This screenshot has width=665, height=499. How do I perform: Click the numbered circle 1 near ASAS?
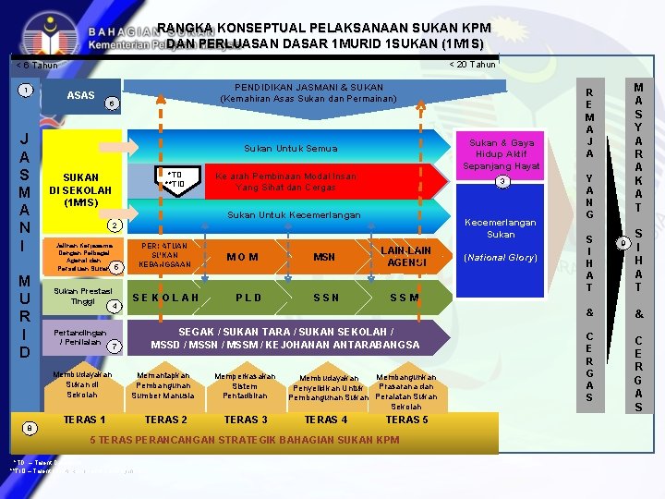tap(28, 90)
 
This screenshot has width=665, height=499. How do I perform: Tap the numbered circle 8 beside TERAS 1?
tap(30, 427)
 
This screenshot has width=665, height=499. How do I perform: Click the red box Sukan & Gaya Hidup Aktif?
tap(502, 154)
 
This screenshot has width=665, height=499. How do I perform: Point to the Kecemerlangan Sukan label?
tap(501, 228)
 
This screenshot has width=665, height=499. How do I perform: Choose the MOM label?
tap(242, 257)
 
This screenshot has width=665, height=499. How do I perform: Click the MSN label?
tap(324, 257)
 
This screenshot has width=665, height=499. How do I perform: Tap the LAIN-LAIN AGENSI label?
tap(406, 256)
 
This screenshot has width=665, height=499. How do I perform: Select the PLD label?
tap(248, 298)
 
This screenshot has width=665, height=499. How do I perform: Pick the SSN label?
tap(326, 298)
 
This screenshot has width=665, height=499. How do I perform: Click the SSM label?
tap(405, 298)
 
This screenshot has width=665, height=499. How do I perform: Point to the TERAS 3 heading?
tap(247, 420)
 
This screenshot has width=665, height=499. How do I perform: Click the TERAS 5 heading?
tap(406, 420)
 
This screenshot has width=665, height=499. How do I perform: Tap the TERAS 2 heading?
tap(166, 420)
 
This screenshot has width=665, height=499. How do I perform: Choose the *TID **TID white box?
tap(179, 178)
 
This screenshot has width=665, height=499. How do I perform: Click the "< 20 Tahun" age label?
tap(472, 65)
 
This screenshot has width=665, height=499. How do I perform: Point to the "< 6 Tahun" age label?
tap(37, 65)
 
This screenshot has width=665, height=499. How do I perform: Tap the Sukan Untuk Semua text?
tap(290, 148)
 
